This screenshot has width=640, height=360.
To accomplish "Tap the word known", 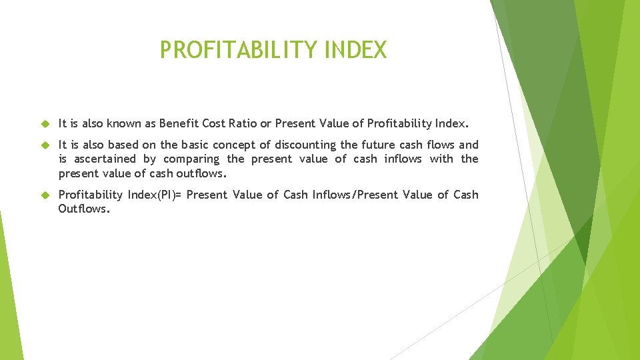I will point(126,123).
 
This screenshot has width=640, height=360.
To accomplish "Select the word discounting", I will point(305,145).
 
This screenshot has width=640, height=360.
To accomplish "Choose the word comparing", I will point(191,159).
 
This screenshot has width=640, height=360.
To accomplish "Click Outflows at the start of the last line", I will point(83,209).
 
